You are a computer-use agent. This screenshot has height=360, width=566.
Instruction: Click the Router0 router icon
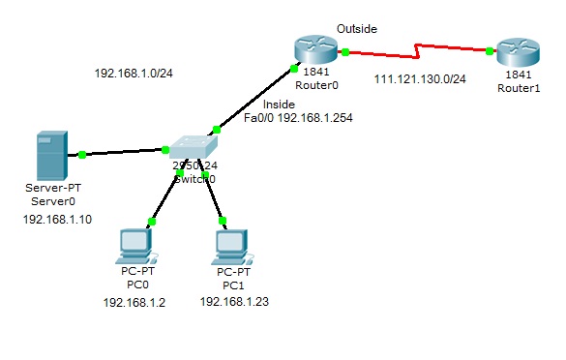313,46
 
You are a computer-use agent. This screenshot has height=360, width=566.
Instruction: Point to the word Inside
279,103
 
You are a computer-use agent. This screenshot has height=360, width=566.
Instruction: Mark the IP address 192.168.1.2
134,303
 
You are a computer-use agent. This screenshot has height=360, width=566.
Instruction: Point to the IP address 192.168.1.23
234,302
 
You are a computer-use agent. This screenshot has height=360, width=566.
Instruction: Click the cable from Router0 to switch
253,99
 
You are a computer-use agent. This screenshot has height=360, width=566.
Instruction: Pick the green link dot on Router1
492,50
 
